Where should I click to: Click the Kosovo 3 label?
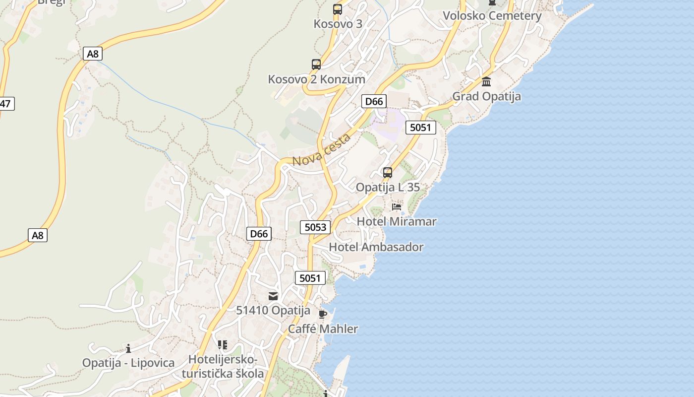tap(338, 24)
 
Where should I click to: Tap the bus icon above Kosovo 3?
tap(338, 9)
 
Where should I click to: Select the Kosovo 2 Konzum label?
tap(316, 79)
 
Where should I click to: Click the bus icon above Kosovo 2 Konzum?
tap(316, 64)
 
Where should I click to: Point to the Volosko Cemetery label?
tap(492, 16)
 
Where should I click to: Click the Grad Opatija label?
tap(486, 96)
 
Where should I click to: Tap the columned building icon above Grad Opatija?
tap(486, 81)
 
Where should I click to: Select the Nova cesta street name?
tap(322, 150)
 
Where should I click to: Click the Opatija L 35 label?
tap(388, 188)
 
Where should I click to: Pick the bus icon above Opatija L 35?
tap(388, 173)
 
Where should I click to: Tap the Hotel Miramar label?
tap(397, 221)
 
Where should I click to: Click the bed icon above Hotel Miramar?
tap(397, 206)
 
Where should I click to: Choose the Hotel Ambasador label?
tap(376, 247)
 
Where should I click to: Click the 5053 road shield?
tap(315, 227)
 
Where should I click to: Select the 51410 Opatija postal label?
tap(273, 311)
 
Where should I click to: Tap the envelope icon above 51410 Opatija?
tap(273, 296)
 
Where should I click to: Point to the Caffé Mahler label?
tap(323, 329)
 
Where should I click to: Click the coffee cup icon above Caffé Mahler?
tap(323, 314)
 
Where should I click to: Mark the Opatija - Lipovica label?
tap(128, 363)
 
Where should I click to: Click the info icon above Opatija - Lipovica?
tap(128, 348)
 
